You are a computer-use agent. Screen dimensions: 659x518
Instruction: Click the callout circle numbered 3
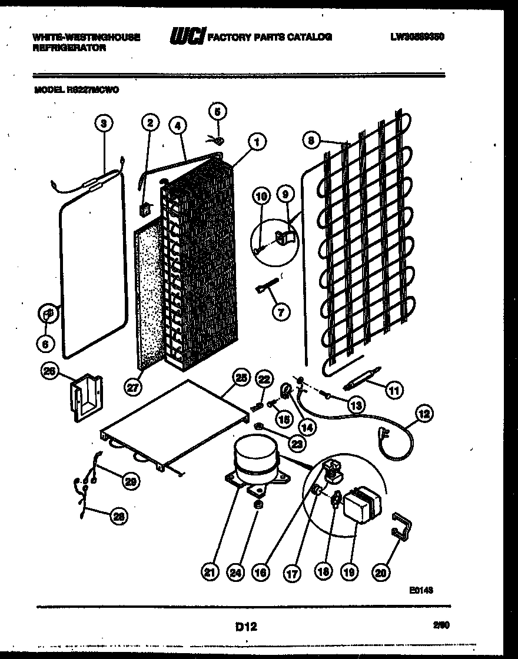pos(103,123)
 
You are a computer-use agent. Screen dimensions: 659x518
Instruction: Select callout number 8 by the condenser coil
pos(311,140)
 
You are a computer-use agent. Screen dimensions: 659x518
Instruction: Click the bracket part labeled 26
pos(86,400)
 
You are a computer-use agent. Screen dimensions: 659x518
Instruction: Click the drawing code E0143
pos(423,591)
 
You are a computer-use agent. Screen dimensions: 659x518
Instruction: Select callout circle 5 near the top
pos(217,111)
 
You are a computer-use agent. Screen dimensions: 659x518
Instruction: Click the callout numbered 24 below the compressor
pos(235,571)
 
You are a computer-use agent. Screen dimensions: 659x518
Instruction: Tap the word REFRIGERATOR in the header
pos(69,48)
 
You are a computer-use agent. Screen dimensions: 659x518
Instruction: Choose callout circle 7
pos(280,312)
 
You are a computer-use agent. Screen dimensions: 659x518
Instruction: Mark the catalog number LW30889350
pos(417,36)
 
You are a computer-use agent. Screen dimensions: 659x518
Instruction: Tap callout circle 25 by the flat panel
pos(241,378)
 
